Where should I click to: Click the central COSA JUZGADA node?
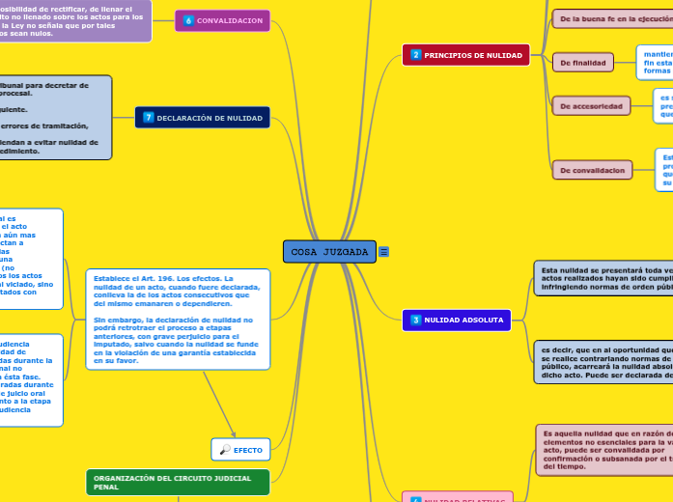point(329,252)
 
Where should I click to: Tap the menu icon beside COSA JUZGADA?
point(384,252)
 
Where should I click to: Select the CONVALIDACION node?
point(223,20)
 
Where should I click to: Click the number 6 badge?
point(188,20)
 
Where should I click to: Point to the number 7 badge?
point(149,118)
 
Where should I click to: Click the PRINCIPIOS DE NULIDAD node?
point(465,55)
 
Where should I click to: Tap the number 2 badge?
point(416,55)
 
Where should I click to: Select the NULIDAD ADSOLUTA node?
point(456,320)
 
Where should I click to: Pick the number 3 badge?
point(416,320)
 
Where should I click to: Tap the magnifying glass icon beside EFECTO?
point(225,449)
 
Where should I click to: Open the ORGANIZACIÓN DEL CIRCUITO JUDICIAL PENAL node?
point(178,482)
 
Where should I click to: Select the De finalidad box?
point(583,63)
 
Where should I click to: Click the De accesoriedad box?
point(591,105)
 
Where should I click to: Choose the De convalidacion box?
point(592,170)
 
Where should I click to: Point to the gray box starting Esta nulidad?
point(603,277)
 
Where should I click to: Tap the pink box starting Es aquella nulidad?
point(603,449)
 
